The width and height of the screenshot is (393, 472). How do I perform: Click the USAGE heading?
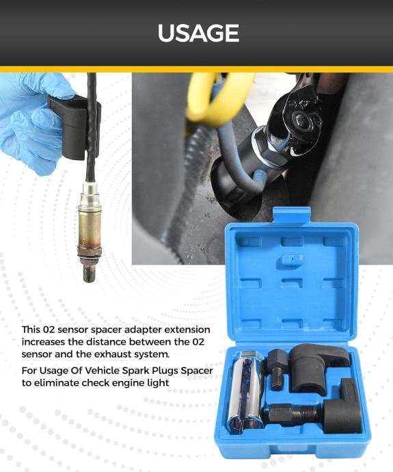coord(198,33)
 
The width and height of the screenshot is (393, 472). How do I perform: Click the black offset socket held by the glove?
coord(75,127)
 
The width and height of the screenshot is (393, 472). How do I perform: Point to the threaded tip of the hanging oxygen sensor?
coord(90,272)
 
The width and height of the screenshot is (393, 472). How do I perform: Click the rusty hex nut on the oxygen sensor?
coord(89,251)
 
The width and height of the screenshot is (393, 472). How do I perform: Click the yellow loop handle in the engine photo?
coord(218,99)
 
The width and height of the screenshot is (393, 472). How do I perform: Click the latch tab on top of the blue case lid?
coord(292,215)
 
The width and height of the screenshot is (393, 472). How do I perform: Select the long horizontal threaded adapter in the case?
coord(293,413)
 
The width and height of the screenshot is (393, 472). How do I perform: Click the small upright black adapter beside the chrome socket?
coord(276,369)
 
